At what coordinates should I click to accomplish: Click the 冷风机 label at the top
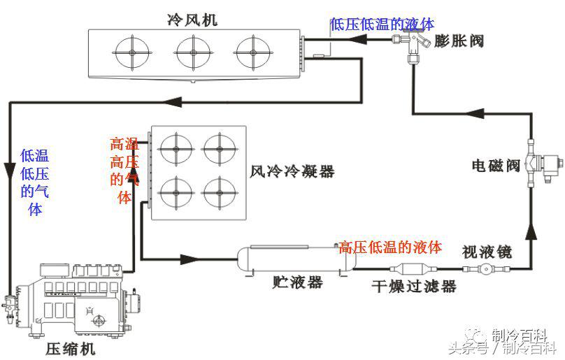tap(193, 20)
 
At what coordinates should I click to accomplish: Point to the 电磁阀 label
tap(496, 166)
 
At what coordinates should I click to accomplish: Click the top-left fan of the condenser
tap(176, 148)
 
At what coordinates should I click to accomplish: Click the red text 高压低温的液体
tap(390, 247)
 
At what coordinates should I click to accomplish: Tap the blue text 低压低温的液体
tap(382, 24)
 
